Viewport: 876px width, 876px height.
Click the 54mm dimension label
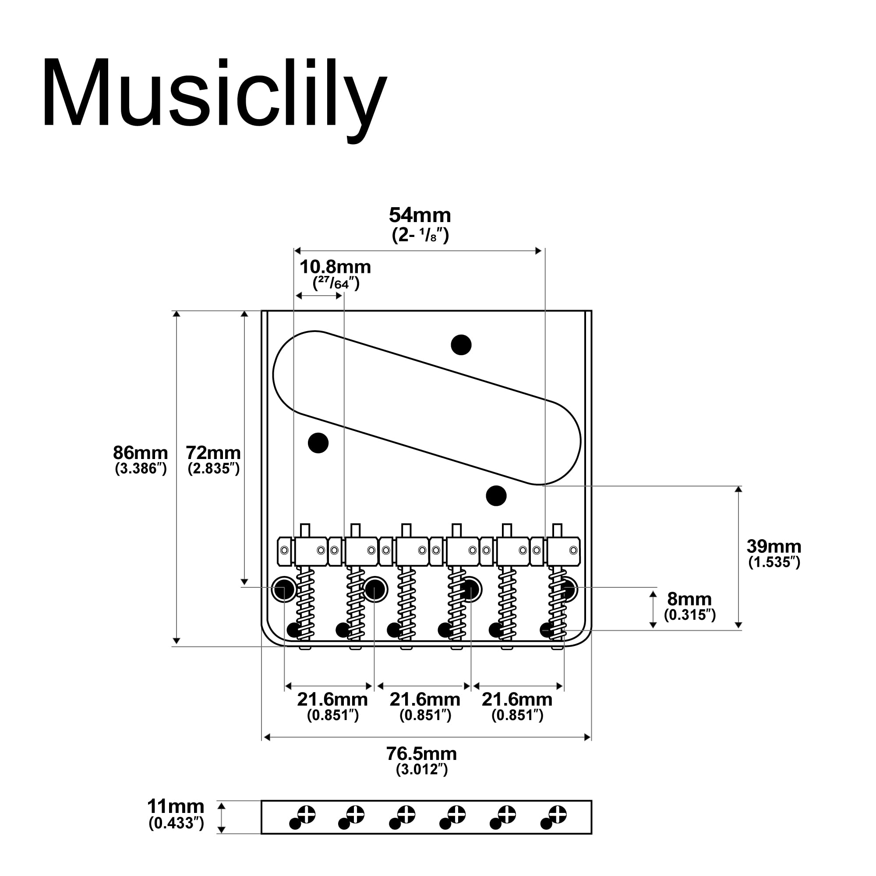pos(420,215)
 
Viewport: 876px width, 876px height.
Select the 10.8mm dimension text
pos(335,267)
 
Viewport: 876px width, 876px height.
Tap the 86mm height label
pos(140,452)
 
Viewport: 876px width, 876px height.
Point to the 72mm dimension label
pos(213,452)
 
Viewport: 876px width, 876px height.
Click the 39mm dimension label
pos(774,546)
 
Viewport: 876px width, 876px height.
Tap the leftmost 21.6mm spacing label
pos(332,699)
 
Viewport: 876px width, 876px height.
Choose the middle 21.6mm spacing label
pos(425,699)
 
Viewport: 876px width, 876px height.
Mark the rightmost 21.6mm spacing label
pos(517,699)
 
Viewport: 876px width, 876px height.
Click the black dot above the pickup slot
pos(461,345)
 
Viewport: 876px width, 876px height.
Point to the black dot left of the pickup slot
pos(318,442)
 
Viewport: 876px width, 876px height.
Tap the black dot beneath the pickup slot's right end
pos(496,495)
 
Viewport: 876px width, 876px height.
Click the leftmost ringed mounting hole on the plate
pos(284,590)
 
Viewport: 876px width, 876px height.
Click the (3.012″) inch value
pos(422,770)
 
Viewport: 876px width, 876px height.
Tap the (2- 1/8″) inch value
pos(420,235)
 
